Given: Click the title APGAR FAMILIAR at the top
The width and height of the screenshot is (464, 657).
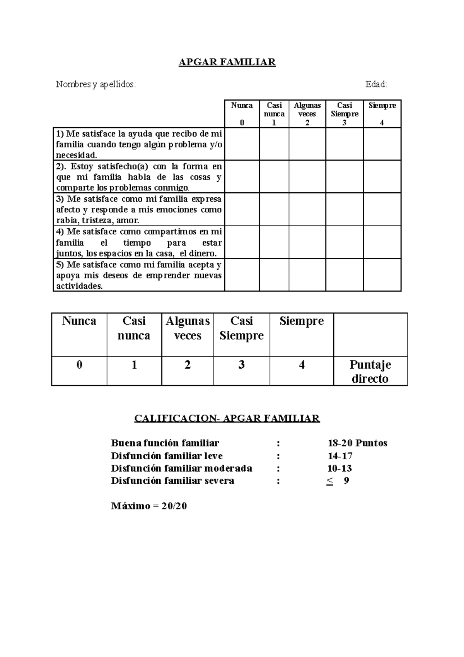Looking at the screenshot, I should coord(227,62).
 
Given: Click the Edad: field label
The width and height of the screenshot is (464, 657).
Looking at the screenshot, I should coord(376,84).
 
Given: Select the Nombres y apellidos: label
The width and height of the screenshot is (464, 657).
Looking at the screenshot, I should coord(96,84).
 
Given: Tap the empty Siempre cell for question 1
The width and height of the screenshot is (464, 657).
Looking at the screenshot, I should coord(382,144).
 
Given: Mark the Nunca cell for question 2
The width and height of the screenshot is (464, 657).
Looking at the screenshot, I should coord(242,176).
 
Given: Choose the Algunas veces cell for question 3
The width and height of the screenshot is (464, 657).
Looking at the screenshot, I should coord(307,209).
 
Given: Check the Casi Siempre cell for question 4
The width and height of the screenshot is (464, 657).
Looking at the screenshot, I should coord(344,242).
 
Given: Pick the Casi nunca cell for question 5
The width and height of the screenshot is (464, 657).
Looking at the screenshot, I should coord(274,275).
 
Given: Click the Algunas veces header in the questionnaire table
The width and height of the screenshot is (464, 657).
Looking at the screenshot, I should coord(307,109).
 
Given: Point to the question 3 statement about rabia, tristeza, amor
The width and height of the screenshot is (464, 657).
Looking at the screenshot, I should coord(139,210).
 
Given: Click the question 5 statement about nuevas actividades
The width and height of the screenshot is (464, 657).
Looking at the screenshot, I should coord(139,275).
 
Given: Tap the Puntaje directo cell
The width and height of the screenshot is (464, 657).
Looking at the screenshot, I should coord(370,371).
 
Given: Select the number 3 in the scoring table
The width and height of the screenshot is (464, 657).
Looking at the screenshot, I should coord(241,365).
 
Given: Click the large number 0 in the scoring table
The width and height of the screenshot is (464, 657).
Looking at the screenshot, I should coord(79,365).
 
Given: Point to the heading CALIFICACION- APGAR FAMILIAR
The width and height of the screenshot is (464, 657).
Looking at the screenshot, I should coord(227,418).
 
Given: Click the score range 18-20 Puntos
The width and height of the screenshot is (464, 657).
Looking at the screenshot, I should coord(357,443).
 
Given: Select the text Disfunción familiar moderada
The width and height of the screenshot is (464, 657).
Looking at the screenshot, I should coord(181,468).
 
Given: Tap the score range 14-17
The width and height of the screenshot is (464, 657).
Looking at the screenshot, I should coord(340,456).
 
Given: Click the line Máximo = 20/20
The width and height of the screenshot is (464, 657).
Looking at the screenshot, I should coord(149,506).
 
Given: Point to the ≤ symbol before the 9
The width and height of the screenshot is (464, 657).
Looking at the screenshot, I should coord(330,481).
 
